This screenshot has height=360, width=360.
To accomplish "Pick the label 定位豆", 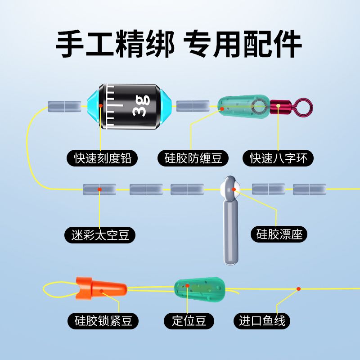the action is [189, 321].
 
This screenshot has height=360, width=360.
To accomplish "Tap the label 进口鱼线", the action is [262, 321].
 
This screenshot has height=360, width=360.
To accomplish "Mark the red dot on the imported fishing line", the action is [298, 288].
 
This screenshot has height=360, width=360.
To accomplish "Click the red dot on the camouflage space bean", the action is [99, 189].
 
